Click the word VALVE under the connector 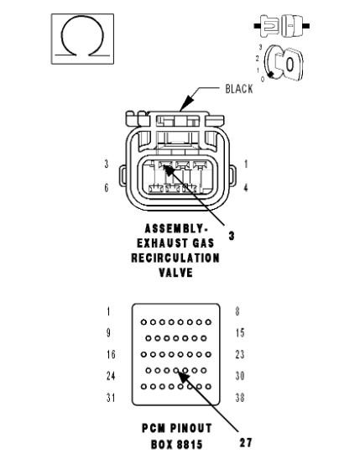pyautogui.click(x=175, y=272)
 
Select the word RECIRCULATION pyautogui.click(x=175, y=258)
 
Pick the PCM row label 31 pyautogui.click(x=109, y=397)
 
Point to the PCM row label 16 pyautogui.click(x=109, y=354)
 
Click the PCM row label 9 pyautogui.click(x=108, y=332)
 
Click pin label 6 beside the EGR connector pyautogui.click(x=106, y=188)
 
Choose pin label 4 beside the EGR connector pyautogui.click(x=245, y=188)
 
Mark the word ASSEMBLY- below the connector pyautogui.click(x=175, y=228)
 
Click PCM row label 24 pyautogui.click(x=109, y=376)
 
